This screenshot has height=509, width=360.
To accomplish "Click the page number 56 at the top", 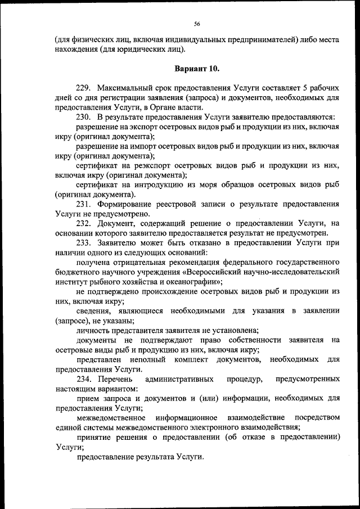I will point(197,24).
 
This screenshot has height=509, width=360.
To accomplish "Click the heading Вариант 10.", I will point(197,69).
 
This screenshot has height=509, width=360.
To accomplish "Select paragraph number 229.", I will point(83,88).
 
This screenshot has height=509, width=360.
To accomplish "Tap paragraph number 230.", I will point(83,117).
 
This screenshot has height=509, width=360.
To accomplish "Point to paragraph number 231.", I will point(83,204).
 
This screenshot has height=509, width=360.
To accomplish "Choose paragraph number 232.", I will point(83,223).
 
